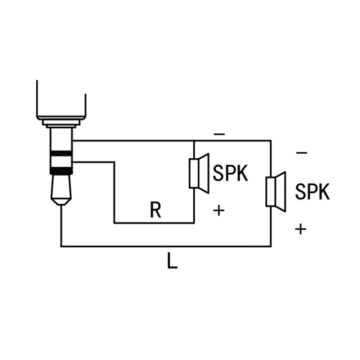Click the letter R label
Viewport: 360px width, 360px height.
point(156,210)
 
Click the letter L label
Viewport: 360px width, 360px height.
point(172,261)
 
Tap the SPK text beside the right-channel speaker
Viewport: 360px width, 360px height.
point(230,173)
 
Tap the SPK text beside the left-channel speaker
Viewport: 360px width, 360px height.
point(312,192)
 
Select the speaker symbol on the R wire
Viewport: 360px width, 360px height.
point(199,174)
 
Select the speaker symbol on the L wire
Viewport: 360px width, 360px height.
point(276,192)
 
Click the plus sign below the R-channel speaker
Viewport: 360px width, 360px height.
point(219,211)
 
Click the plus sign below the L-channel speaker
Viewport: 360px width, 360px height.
point(301,229)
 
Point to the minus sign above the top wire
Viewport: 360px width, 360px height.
point(219,134)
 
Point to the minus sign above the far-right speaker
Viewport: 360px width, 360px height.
point(302,153)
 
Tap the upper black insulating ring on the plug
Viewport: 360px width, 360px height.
point(61,154)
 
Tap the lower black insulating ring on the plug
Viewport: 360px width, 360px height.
point(61,171)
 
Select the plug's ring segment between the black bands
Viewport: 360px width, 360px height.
point(61,162)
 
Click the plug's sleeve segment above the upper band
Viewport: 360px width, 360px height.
point(61,140)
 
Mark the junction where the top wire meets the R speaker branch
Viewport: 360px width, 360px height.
point(194,140)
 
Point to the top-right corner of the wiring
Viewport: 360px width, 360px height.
point(271,140)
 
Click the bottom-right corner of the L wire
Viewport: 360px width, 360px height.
point(271,247)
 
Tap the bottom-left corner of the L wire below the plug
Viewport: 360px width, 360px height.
point(61,247)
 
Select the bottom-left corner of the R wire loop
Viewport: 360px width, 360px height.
point(114,223)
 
